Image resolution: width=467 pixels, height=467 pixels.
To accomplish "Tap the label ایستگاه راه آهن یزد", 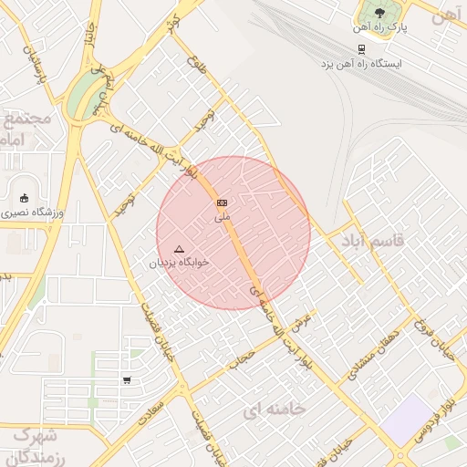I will click(361, 65).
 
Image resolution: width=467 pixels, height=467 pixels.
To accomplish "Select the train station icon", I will click(362, 49).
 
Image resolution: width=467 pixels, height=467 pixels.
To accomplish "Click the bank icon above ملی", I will click(222, 202).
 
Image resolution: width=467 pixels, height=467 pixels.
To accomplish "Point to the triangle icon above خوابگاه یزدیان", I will click(179, 248).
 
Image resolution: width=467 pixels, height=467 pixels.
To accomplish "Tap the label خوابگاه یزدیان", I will click(180, 262).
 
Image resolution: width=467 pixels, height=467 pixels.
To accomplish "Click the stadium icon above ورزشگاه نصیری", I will click(24, 198).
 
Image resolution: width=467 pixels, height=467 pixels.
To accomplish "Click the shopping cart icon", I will click(127, 380).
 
